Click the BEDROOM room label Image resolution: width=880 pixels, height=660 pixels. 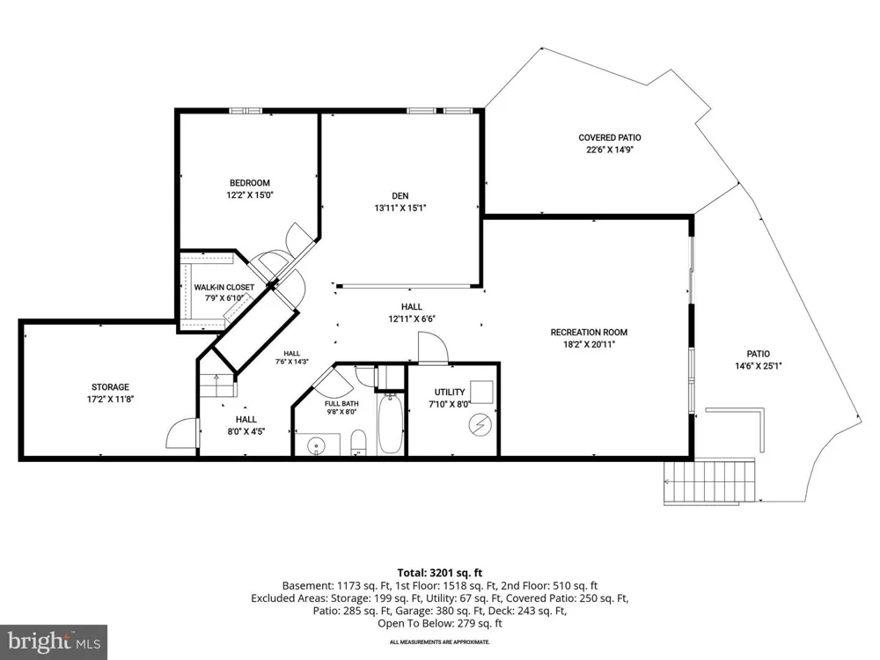[250, 183]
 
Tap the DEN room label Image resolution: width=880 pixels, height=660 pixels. [400, 196]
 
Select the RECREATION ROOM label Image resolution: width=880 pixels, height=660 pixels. [589, 333]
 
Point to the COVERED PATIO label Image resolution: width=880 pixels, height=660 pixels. [610, 137]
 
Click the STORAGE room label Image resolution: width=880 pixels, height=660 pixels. [110, 387]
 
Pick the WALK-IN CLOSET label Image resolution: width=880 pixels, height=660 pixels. [224, 288]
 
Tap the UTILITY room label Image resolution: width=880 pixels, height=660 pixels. [450, 392]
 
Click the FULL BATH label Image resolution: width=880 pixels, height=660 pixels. [341, 404]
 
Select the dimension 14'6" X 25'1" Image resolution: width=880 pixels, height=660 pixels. [759, 366]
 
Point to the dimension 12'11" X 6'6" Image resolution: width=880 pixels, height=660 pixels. [412, 319]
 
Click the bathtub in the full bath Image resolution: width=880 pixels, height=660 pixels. [390, 424]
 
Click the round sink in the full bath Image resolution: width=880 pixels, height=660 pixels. [317, 447]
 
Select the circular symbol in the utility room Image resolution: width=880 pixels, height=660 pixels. [481, 425]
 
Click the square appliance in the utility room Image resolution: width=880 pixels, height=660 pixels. [481, 392]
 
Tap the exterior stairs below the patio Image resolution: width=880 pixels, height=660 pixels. [709, 482]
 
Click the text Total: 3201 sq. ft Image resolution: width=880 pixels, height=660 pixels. [440, 573]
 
